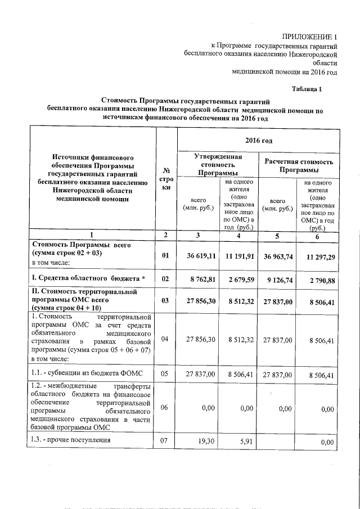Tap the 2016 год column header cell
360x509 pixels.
coord(258,139)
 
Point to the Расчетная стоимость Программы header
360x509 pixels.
coord(299,165)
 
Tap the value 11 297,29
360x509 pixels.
coord(318,256)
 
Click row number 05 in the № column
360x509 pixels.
coord(165,374)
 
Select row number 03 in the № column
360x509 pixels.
coord(165,301)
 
